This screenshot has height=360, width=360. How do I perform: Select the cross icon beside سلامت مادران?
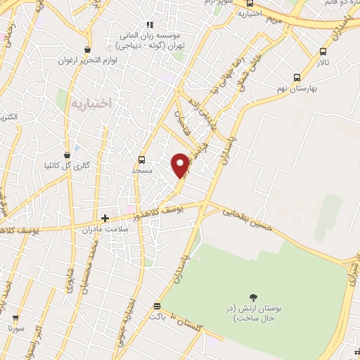pyautogui.click(x=105, y=219)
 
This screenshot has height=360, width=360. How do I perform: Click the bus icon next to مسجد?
pyautogui.click(x=142, y=160)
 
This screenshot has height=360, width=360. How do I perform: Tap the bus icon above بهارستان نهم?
pyautogui.click(x=297, y=78)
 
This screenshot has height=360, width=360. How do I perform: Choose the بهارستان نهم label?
pyautogui.click(x=297, y=90)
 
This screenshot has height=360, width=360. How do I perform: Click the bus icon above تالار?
pyautogui.click(x=323, y=51)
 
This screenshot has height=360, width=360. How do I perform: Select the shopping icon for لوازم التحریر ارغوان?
pyautogui.click(x=87, y=50)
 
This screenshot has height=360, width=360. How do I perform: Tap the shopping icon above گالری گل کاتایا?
pyautogui.click(x=67, y=155)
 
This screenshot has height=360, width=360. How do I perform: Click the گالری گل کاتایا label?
pyautogui.click(x=67, y=167)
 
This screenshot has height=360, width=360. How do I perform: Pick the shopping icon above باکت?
pyautogui.click(x=156, y=306)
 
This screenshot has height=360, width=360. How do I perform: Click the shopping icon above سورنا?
pyautogui.click(x=15, y=317)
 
